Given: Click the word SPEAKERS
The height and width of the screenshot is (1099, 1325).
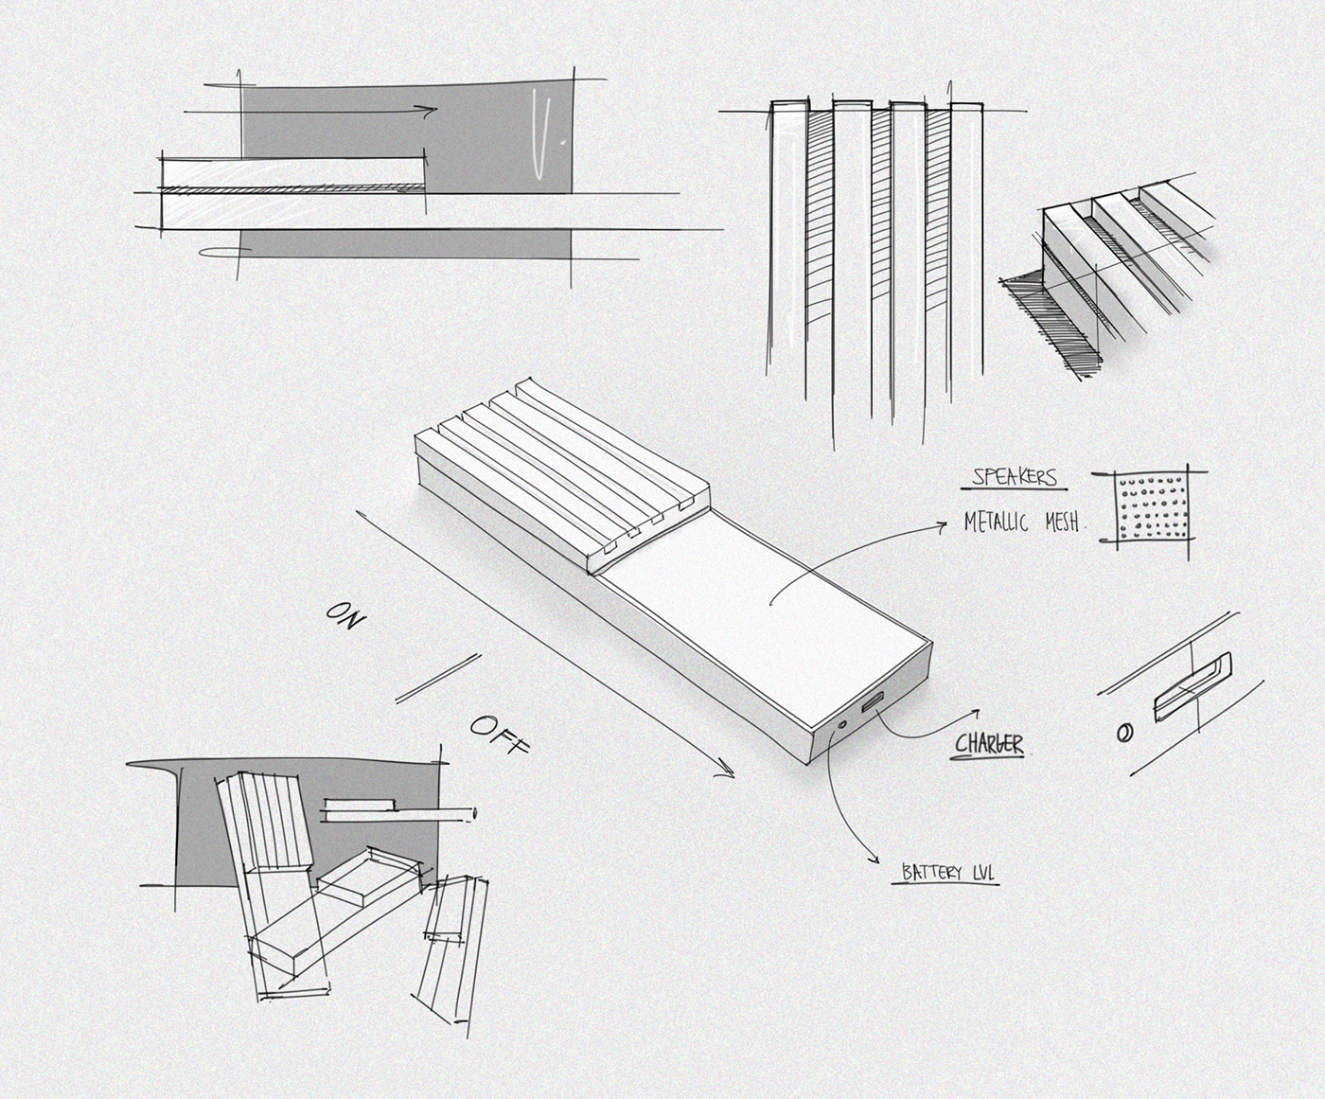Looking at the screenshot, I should (1014, 476).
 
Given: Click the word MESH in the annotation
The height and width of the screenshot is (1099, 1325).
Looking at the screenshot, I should (1063, 522).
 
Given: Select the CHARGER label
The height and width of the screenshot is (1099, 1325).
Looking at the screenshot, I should (988, 744).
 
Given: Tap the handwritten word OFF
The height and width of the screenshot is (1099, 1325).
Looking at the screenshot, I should (498, 735).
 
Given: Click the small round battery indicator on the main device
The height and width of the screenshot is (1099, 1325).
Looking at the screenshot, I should (842, 726).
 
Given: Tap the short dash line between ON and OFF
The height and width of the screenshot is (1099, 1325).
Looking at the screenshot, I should (437, 679).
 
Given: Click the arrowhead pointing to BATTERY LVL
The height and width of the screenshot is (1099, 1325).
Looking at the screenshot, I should (873, 858).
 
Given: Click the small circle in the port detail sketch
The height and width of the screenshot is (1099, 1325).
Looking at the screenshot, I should (1125, 733).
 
